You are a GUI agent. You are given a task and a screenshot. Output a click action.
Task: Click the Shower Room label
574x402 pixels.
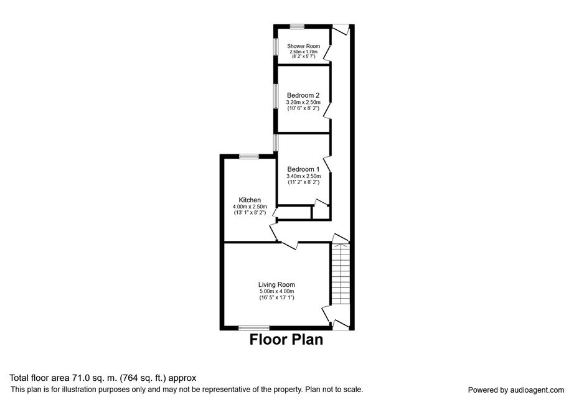pos(303,46)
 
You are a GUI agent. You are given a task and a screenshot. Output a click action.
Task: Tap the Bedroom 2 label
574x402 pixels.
pos(303,95)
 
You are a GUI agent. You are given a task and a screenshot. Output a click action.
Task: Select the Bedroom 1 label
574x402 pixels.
pos(303,169)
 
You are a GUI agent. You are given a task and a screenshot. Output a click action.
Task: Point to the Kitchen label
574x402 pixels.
pos(250,200)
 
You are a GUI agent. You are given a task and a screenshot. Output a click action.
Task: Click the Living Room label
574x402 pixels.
pos(276,284)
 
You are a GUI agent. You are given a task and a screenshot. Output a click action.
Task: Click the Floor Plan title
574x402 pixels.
pos(286,339)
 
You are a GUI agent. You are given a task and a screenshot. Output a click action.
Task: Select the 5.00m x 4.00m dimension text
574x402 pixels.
pos(277,291)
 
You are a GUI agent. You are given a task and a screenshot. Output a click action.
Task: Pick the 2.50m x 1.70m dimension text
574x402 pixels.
pos(303,52)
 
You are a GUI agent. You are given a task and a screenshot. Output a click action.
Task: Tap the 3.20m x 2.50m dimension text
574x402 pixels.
pos(303,102)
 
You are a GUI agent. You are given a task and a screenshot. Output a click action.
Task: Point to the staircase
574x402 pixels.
pos(341,273)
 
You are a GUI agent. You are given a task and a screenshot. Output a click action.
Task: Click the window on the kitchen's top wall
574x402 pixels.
pos(249,157)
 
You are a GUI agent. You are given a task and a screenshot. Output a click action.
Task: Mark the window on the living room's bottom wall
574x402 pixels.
pos(253,328)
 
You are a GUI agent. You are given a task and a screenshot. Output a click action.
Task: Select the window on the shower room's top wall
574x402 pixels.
pos(297,26)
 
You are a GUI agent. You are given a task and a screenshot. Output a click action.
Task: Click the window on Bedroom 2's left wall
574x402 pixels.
pos(276,96)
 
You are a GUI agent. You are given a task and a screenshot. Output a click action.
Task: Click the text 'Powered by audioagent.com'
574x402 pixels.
pos(516,390)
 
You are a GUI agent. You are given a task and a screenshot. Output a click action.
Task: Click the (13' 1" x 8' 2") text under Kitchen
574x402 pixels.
pos(250,213)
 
